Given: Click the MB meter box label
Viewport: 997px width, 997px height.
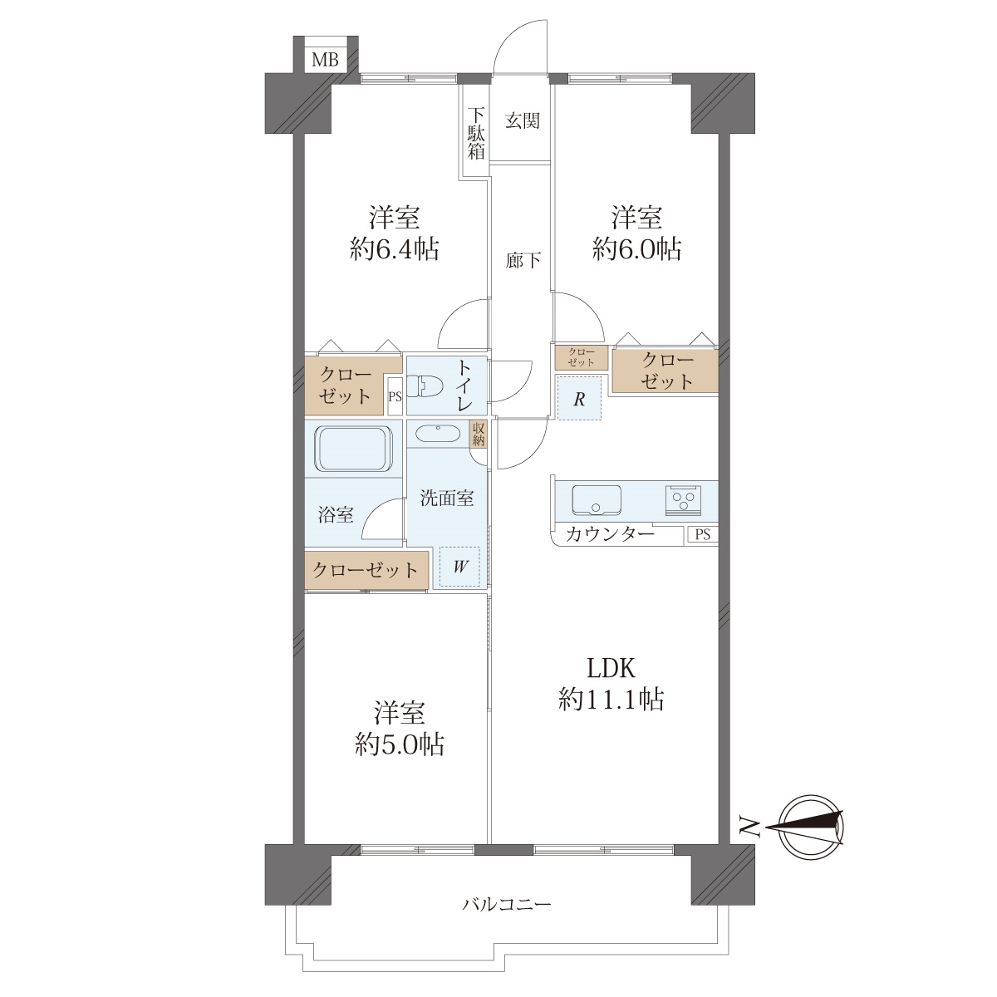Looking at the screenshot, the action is [x=325, y=60].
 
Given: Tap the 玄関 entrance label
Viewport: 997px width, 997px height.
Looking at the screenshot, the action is [x=522, y=120].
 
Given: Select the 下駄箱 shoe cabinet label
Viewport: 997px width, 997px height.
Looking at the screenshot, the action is [x=476, y=134].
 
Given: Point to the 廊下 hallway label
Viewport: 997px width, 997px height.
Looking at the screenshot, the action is [x=523, y=260].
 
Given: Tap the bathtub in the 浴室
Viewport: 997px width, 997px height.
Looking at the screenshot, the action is [x=354, y=448].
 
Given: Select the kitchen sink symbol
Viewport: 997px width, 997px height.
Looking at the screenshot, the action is [x=597, y=500].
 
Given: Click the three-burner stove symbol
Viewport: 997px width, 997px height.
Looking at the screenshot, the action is [x=682, y=500].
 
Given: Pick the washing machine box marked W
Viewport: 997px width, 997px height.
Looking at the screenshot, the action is [x=459, y=566].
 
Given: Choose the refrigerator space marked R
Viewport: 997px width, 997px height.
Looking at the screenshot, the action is [x=579, y=399].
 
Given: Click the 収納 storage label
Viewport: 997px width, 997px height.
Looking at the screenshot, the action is [x=478, y=434].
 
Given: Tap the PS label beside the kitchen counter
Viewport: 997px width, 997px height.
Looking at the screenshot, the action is [x=703, y=534].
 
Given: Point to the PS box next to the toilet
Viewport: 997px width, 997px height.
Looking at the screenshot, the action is [x=395, y=397].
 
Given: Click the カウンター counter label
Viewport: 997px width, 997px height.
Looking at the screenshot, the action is [x=611, y=533].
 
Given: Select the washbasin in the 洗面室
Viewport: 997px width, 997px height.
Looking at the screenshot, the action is [x=437, y=434].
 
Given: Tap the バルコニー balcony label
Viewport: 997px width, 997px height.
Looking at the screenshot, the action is [x=507, y=920].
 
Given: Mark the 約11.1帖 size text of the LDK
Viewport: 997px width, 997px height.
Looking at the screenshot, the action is [x=611, y=700].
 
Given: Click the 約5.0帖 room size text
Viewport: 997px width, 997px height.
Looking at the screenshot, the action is [x=400, y=744].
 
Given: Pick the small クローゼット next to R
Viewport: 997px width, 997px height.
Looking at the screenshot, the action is [x=581, y=357].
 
